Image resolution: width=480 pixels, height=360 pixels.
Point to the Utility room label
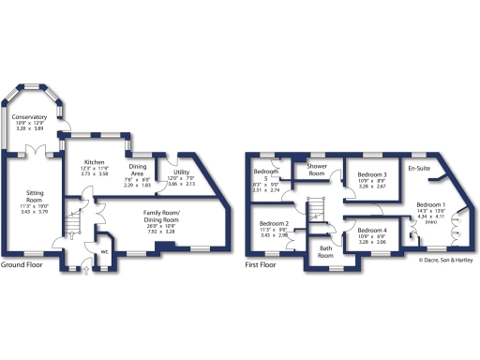(x=183, y=173)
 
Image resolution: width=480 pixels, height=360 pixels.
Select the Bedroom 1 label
(x=431, y=204)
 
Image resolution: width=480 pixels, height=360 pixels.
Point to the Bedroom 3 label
(x=372, y=175)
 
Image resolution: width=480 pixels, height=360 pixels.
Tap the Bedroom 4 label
(x=372, y=231)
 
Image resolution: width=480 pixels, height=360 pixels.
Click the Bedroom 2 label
(x=273, y=223)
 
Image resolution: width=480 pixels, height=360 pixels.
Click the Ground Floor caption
(x=24, y=265)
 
